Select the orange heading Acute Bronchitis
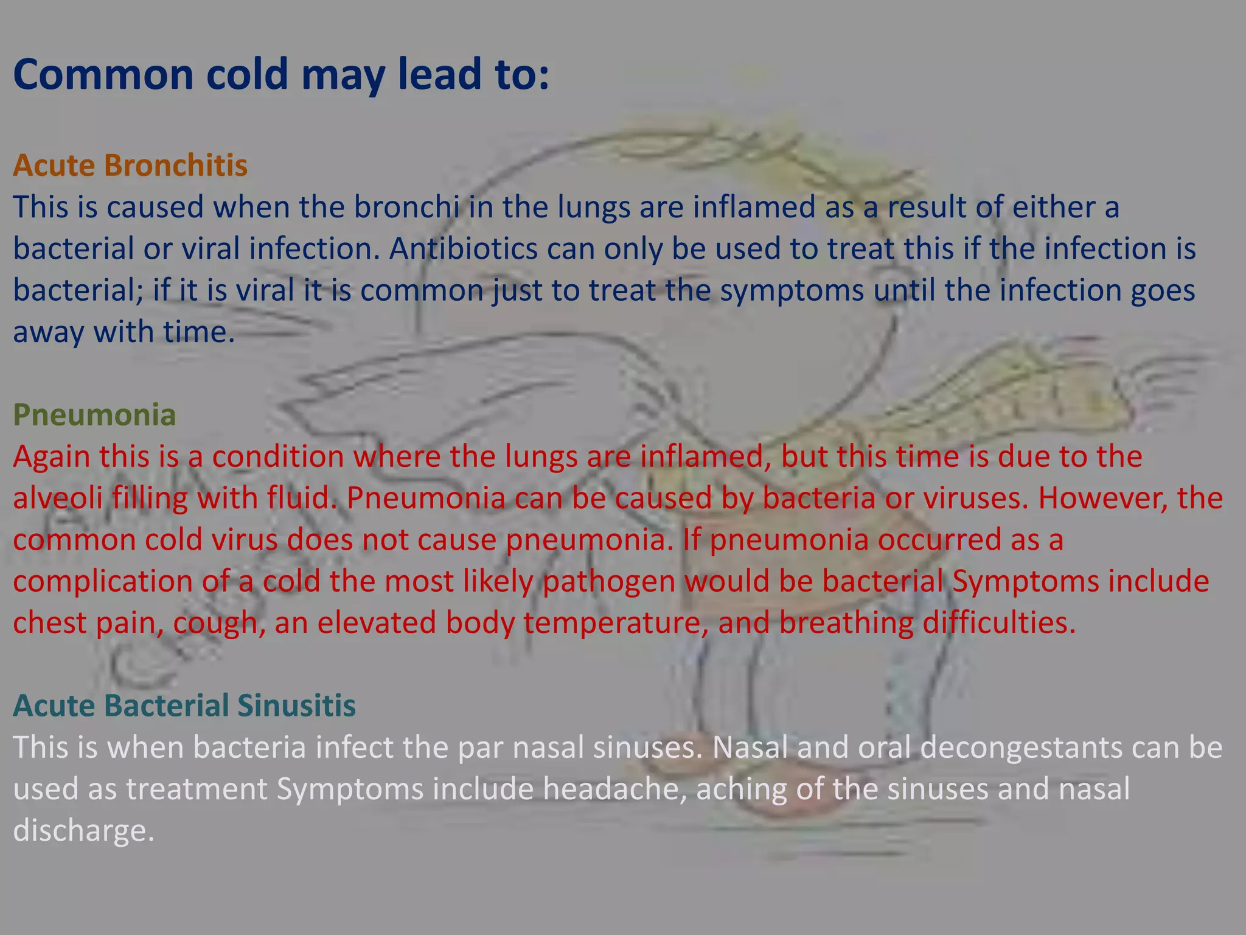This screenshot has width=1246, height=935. (130, 166)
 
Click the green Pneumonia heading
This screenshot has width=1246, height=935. (94, 415)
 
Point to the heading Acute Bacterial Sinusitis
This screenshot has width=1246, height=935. (184, 706)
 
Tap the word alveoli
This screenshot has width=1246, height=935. (57, 498)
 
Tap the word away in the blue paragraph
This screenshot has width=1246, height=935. (48, 332)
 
